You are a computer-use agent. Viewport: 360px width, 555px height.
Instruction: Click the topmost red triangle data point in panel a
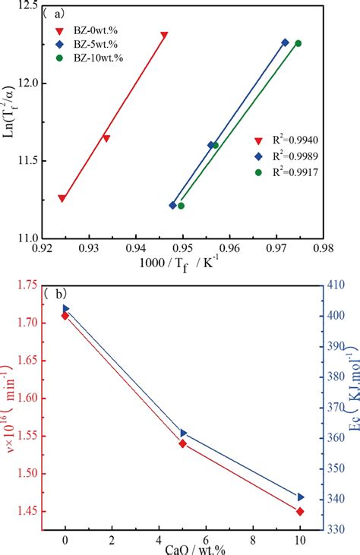click(164, 35)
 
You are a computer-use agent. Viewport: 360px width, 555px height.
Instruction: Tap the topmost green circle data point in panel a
click(298, 43)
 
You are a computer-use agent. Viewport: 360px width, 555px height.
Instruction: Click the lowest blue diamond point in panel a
click(172, 205)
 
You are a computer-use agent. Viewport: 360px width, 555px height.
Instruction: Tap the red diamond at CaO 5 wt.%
click(182, 443)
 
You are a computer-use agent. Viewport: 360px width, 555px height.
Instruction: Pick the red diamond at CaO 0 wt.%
click(65, 315)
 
